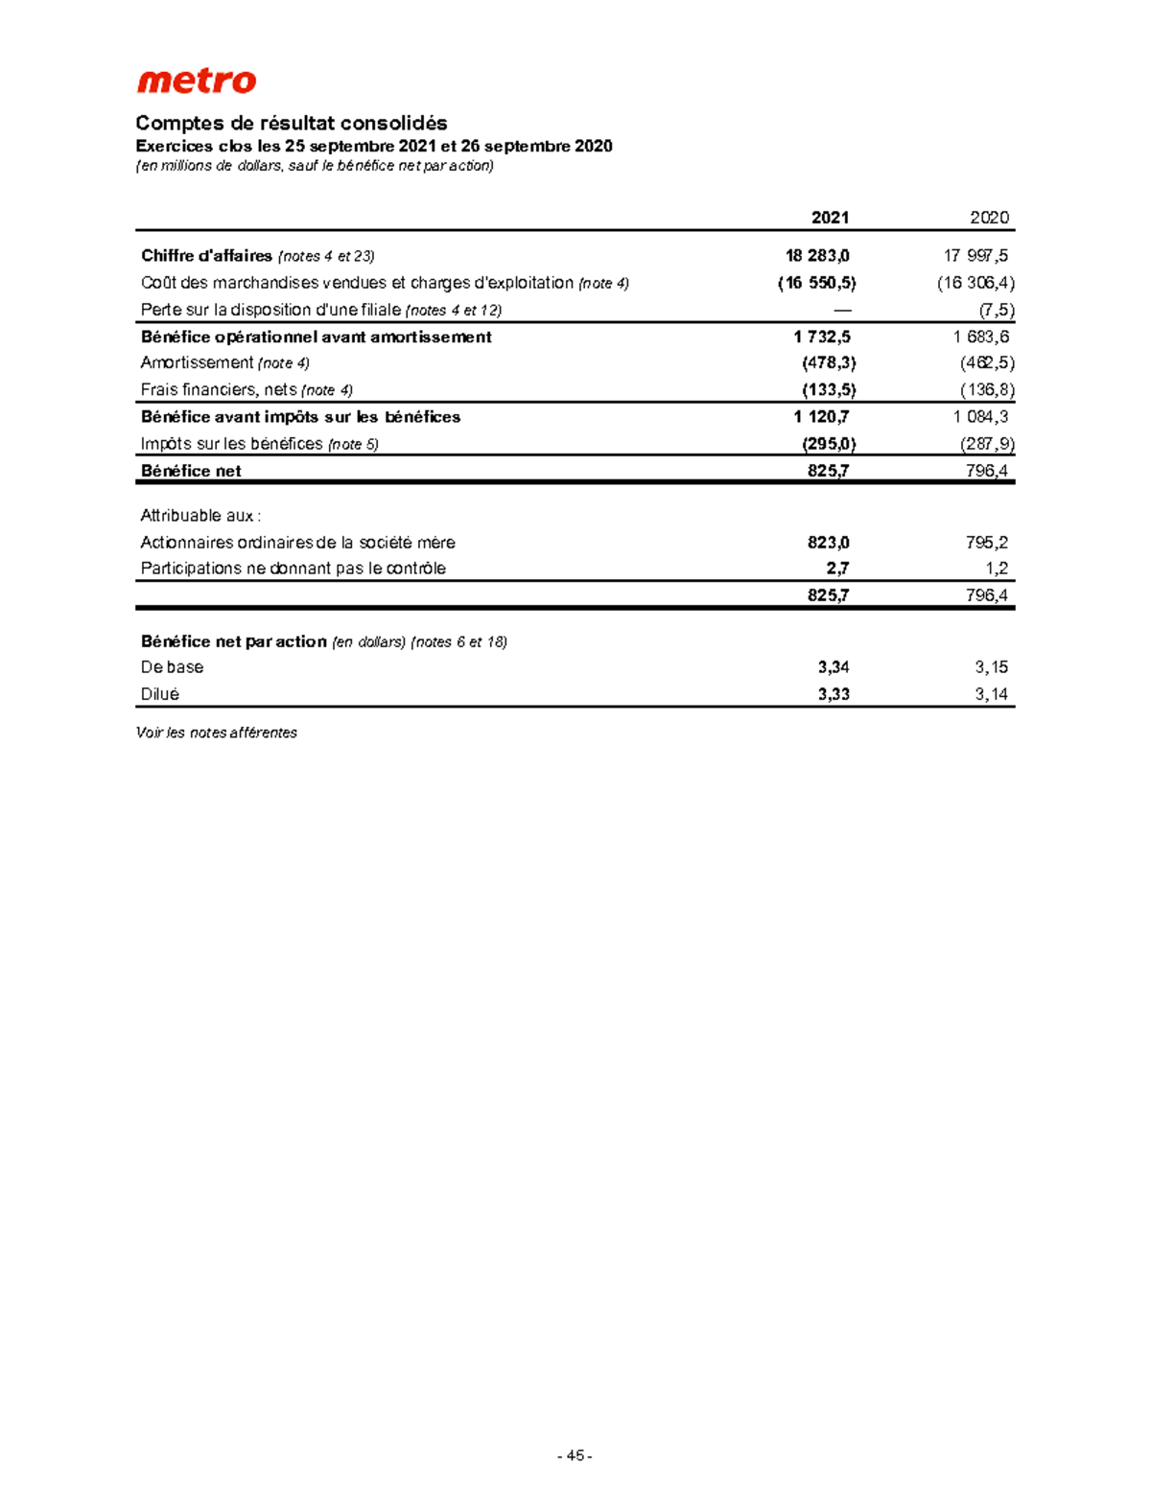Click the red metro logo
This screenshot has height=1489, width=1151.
tap(197, 81)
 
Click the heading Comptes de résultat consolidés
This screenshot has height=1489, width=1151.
tap(292, 123)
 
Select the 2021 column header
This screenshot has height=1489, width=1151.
tap(830, 218)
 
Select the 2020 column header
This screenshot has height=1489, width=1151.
tap(989, 218)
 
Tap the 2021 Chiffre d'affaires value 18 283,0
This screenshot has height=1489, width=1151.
tap(817, 256)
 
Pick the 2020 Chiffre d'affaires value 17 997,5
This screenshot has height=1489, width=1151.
tap(975, 256)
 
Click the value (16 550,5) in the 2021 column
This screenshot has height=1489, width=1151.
tap(816, 283)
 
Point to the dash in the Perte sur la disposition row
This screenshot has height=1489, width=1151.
tap(842, 310)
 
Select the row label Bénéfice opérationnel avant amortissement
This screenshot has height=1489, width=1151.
tap(317, 337)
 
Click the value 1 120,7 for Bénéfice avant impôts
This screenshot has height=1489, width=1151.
tap(821, 417)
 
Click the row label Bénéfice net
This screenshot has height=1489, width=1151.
tap(191, 471)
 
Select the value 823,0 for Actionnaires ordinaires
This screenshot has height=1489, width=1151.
tap(828, 543)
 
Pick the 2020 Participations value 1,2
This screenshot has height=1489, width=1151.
tap(997, 569)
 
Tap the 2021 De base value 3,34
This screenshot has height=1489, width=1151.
tap(834, 667)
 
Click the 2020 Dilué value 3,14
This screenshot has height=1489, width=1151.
tap(992, 694)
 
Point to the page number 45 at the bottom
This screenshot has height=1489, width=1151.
tap(575, 1455)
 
